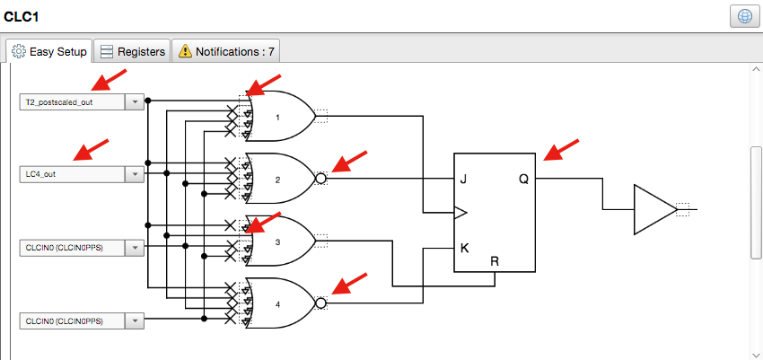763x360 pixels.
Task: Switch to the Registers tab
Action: pyautogui.click(x=132, y=52)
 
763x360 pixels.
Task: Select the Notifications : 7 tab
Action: pyautogui.click(x=225, y=52)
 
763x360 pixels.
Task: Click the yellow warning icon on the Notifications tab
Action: pyautogui.click(x=183, y=52)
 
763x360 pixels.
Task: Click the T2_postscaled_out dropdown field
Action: pyautogui.click(x=72, y=102)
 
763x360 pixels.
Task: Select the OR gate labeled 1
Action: pyautogui.click(x=280, y=117)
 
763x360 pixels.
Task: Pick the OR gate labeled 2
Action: pyautogui.click(x=280, y=179)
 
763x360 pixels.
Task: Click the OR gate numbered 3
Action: pyautogui.click(x=280, y=241)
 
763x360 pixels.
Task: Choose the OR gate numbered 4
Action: pyautogui.click(x=280, y=303)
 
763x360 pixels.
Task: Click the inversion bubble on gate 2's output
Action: pyautogui.click(x=320, y=179)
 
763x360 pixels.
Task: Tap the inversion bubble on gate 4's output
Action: pyautogui.click(x=320, y=303)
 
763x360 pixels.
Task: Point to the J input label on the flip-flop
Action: pyautogui.click(x=464, y=179)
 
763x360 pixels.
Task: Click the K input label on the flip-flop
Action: pyautogui.click(x=464, y=248)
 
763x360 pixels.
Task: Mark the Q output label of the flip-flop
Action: pyautogui.click(x=523, y=179)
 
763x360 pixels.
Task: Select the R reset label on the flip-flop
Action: pyautogui.click(x=494, y=261)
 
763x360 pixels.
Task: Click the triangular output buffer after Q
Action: pyautogui.click(x=652, y=210)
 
